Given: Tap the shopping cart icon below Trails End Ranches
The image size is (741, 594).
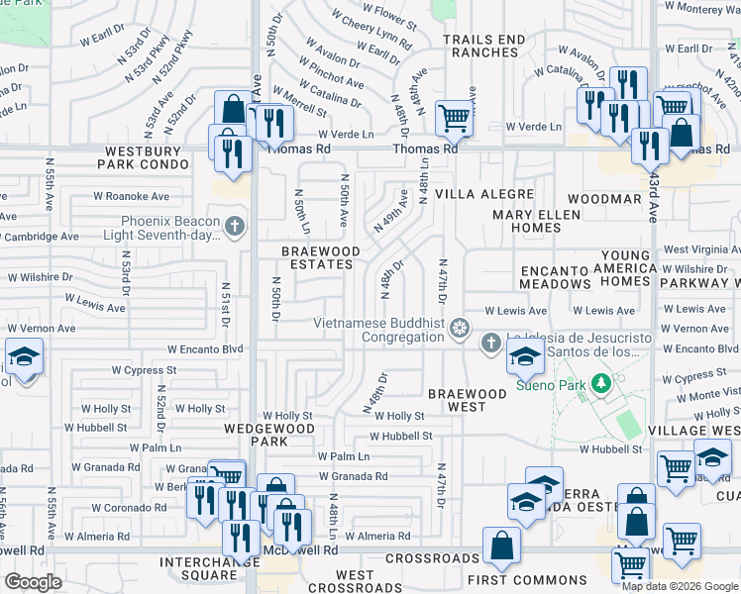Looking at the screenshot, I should click(x=454, y=118).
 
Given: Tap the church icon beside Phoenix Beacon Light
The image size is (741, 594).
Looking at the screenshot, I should click(x=234, y=227).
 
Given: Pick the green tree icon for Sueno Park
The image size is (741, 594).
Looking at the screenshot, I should click(x=599, y=382).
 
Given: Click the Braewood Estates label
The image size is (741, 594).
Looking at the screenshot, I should click(x=320, y=259).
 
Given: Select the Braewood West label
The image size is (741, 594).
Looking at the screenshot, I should click(x=471, y=400).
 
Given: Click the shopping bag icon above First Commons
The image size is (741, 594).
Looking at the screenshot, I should click(x=502, y=544).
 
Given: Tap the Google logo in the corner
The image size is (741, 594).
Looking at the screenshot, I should click(x=33, y=581).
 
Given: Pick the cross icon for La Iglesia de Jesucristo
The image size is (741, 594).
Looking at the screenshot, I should click(x=489, y=344).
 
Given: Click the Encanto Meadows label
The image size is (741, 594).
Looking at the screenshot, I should click(x=555, y=276).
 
